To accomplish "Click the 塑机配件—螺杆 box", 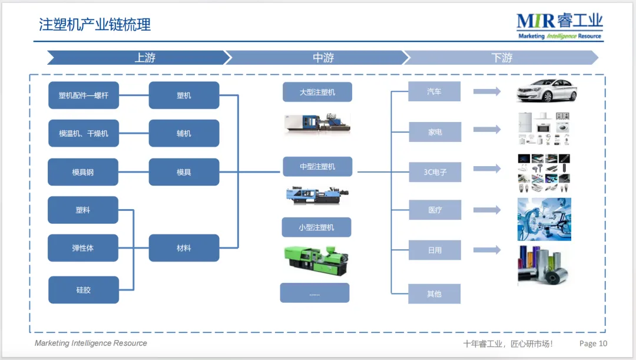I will pos(83,95).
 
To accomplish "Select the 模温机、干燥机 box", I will pos(83,134).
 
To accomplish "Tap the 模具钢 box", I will pos(83,172).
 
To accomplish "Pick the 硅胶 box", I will pos(83,290).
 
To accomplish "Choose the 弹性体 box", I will pos(83,248).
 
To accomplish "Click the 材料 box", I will pos(184,248).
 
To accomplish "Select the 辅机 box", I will pos(184,134).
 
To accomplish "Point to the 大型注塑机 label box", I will pos(317,93).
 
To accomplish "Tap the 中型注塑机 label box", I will pos(317,167).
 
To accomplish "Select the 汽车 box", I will pos(434,92).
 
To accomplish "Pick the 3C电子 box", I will pos(435,172).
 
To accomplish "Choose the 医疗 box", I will pos(435,210).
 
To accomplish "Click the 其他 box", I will pos(435,293).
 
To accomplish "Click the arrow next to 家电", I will pos(486,130).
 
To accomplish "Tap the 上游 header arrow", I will pos(139,58).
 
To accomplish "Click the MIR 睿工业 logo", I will pos(559,25).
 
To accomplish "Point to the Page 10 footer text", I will pos(593,344).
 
